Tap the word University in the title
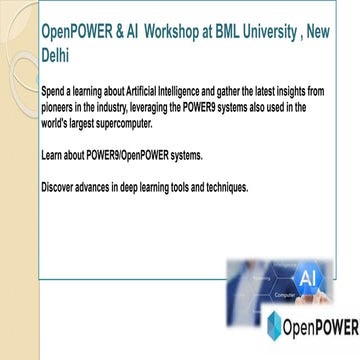[267, 32]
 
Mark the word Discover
[58, 189]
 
